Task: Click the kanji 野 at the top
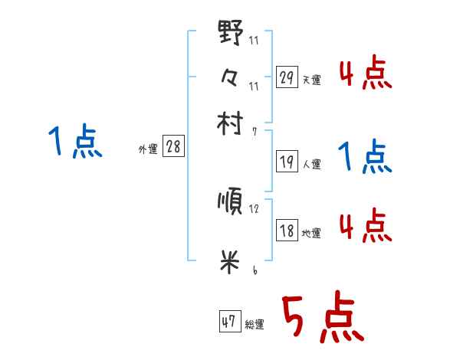[x=231, y=34]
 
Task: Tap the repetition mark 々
[x=230, y=79]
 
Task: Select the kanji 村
[x=231, y=124]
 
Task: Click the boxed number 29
[x=287, y=77]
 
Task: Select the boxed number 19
[x=287, y=161]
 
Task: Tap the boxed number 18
[x=287, y=231]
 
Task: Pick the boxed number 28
[x=173, y=147]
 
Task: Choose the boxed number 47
[x=229, y=322]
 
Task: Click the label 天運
[x=312, y=80]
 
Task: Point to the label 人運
[x=312, y=163]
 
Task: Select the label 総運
[x=255, y=324]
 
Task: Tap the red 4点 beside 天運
[x=364, y=74]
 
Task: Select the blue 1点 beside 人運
[x=364, y=158]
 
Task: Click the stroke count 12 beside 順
[x=254, y=208]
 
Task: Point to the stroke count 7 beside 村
[x=254, y=131]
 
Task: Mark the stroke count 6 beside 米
[x=254, y=270]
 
